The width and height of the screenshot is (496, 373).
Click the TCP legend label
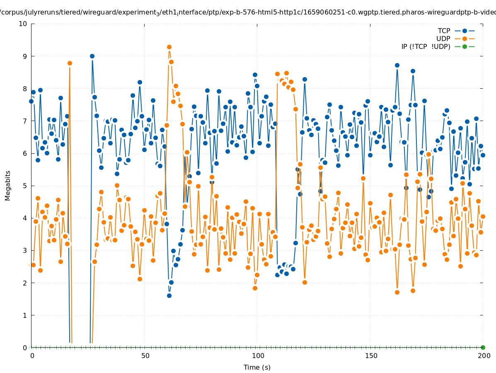click(x=444, y=31)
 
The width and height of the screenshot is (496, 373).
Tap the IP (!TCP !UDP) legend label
click(x=426, y=46)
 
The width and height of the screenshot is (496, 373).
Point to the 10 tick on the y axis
click(x=23, y=24)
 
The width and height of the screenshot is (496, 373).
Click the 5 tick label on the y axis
click(x=24, y=186)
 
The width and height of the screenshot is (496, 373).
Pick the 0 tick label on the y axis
click(x=24, y=348)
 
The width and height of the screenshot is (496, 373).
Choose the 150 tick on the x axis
click(x=371, y=356)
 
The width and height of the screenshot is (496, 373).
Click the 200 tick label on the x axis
click(x=484, y=356)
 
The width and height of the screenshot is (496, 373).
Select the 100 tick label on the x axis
click(x=258, y=356)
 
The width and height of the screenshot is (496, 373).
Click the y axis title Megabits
click(x=8, y=185)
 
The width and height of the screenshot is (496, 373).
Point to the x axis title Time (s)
click(x=257, y=367)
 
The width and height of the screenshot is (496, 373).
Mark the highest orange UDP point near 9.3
click(x=169, y=47)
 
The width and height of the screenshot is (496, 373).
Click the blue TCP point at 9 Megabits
click(x=92, y=56)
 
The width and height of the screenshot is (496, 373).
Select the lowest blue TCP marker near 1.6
click(x=169, y=295)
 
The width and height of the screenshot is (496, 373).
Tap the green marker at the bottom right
click(x=483, y=347)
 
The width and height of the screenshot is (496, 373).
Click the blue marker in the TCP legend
click(x=465, y=31)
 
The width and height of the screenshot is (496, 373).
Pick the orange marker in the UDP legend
click(x=465, y=39)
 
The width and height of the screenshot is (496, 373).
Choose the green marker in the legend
click(x=465, y=46)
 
